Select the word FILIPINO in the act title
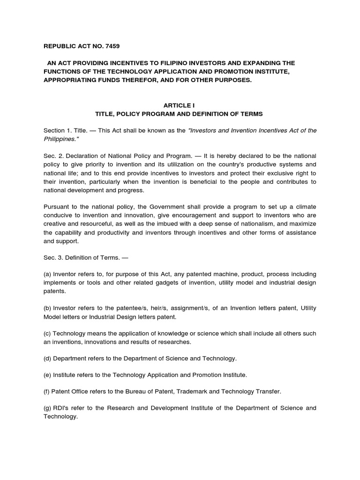162,63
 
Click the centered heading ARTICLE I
180,106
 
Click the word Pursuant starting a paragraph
57,207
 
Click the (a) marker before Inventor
47,274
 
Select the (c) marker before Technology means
47,334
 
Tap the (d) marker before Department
47,359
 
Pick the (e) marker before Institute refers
47,375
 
